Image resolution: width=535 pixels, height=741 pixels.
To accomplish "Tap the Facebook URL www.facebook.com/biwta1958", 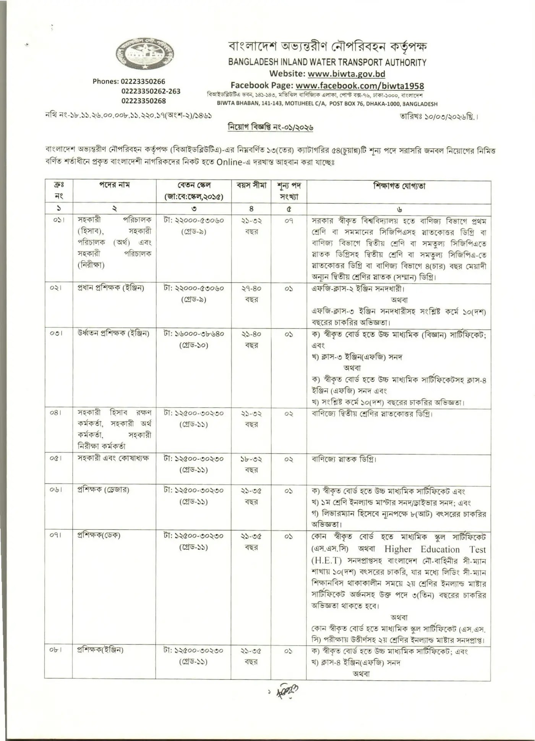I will point(360,86).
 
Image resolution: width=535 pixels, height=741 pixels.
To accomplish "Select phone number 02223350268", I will point(144,101).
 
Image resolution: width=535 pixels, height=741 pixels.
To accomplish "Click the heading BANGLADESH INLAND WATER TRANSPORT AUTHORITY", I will point(327,62).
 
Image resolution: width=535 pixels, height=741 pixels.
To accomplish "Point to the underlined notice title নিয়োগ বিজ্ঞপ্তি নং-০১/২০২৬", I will point(270,127).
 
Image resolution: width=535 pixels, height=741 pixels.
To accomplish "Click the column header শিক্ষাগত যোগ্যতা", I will point(399,186).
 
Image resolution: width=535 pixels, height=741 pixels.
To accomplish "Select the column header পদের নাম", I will point(114,185).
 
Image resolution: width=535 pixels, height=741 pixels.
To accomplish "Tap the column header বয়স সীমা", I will point(251,186).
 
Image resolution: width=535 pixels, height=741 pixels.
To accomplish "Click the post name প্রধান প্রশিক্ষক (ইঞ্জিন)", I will point(111,288).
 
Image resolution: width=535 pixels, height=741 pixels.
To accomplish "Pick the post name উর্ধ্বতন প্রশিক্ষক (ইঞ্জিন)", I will point(113,333).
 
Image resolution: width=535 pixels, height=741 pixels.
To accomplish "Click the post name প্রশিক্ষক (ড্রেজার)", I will point(104,490).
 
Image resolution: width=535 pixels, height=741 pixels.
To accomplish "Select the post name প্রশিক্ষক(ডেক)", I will point(99,535).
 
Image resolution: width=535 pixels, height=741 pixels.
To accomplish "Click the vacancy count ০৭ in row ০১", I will point(289,220).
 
